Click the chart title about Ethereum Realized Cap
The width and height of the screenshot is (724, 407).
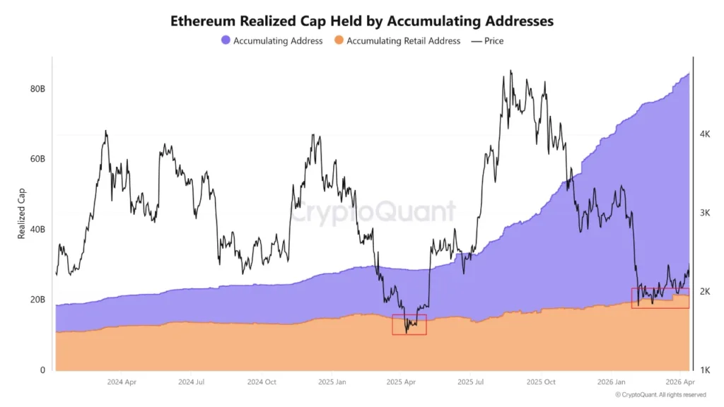tap(362, 21)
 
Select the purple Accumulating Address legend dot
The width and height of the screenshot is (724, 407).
tap(226, 41)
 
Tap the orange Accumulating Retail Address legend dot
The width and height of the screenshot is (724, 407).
tap(339, 41)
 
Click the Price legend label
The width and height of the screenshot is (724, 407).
tap(494, 41)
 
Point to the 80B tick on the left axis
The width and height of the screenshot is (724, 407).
tap(37, 89)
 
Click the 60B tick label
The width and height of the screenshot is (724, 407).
tap(37, 159)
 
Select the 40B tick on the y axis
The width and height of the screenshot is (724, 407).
tap(37, 230)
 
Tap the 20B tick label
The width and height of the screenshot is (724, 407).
tap(37, 300)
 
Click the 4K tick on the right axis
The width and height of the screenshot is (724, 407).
tap(705, 134)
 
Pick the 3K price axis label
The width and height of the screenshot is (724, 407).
tap(705, 213)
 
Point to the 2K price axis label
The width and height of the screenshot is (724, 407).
tap(705, 292)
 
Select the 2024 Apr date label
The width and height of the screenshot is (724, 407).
tap(122, 382)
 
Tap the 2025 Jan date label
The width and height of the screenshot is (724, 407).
tap(332, 382)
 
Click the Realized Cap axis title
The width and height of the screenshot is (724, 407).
tap(21, 212)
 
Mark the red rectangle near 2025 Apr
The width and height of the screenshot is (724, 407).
tap(409, 324)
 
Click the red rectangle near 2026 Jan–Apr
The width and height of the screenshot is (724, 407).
tap(660, 298)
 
